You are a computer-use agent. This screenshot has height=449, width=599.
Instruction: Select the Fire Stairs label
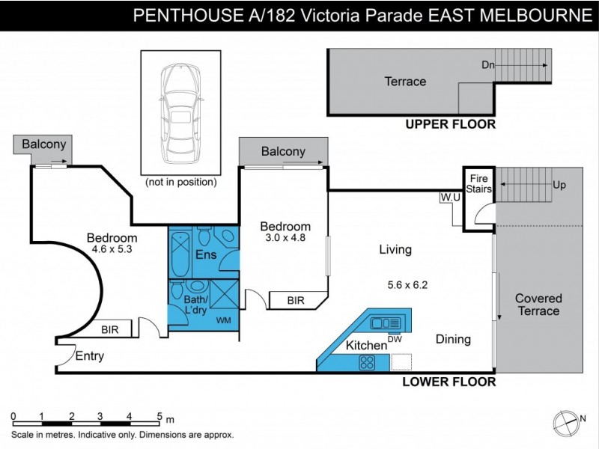pyautogui.click(x=478, y=183)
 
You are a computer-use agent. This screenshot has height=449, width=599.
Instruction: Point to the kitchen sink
pyautogui.click(x=386, y=323)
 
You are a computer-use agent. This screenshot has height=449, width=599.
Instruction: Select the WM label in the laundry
pyautogui.click(x=223, y=321)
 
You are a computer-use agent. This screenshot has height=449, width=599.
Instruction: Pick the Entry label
pyautogui.click(x=89, y=356)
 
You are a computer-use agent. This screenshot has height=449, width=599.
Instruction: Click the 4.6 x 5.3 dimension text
pyautogui.click(x=112, y=250)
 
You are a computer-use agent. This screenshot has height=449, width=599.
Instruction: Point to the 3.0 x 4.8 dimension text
pyautogui.click(x=285, y=239)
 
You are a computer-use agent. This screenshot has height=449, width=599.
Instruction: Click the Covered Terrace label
pyautogui.click(x=538, y=305)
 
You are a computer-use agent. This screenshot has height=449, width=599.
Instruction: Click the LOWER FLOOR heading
pyautogui.click(x=449, y=382)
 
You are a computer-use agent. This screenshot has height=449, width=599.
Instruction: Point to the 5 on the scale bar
pyautogui.click(x=159, y=417)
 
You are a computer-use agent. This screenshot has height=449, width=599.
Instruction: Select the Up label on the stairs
pyautogui.click(x=559, y=186)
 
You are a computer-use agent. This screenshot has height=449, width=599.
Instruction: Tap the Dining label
pyautogui.click(x=453, y=339)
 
